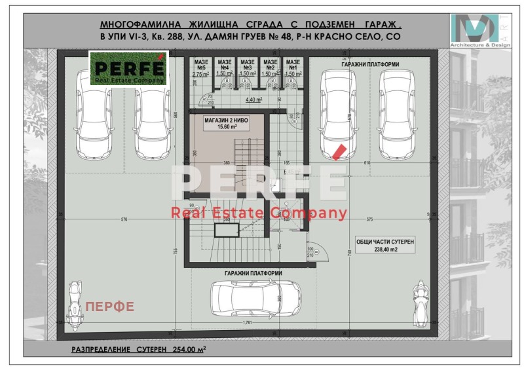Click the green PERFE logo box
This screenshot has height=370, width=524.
coord(128,69)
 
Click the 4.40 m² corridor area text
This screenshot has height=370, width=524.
coord(253,100)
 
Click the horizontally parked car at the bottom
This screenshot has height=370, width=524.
coord(256,300)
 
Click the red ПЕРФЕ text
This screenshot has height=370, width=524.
coord(110,306)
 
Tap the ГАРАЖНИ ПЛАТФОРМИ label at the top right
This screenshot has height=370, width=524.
coord(370,64)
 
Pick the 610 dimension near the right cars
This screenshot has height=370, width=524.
coord(366,162)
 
